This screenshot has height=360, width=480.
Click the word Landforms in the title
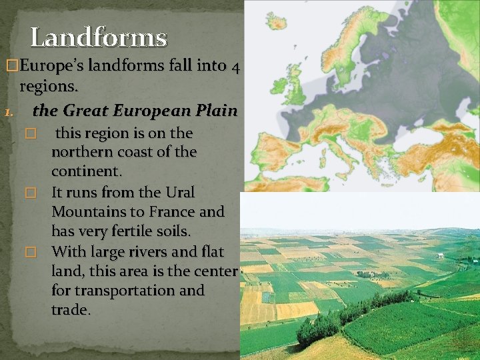coord(98,37)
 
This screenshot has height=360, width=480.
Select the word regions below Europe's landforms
coord(49,86)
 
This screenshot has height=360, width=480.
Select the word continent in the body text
coord(86,171)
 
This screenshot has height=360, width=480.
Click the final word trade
coord(70,310)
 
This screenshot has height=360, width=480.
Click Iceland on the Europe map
coord(277,22)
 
